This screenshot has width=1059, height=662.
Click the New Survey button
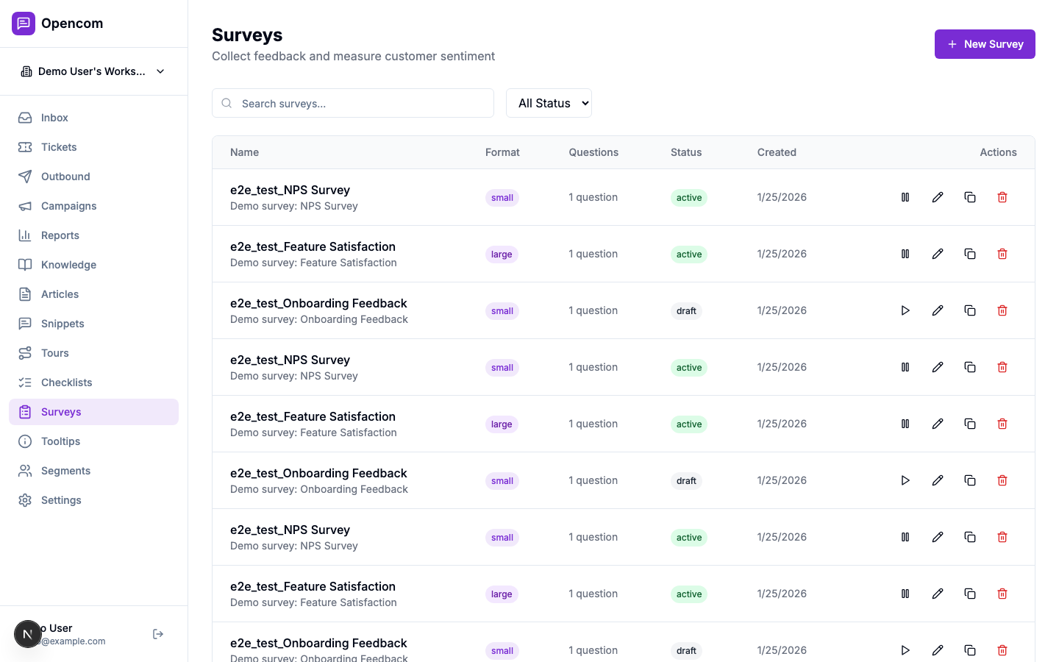pyautogui.click(x=984, y=44)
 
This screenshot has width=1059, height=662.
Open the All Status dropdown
pyautogui.click(x=549, y=104)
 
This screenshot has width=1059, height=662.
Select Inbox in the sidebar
pyautogui.click(x=54, y=118)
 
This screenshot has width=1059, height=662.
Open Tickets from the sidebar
pyautogui.click(x=59, y=147)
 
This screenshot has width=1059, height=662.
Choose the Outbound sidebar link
pyautogui.click(x=65, y=177)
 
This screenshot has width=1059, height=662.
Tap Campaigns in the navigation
pyautogui.click(x=68, y=206)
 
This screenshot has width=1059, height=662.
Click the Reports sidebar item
pyautogui.click(x=60, y=235)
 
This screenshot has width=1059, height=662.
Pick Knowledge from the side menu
pyautogui.click(x=68, y=265)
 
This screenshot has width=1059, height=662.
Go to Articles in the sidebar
pyautogui.click(x=60, y=294)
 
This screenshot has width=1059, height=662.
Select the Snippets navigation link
pyautogui.click(x=63, y=324)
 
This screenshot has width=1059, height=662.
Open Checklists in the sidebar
pyautogui.click(x=66, y=382)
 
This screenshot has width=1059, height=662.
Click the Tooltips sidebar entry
pyautogui.click(x=60, y=441)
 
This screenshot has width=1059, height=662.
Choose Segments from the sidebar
pyautogui.click(x=65, y=471)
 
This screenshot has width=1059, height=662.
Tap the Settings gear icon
pyautogui.click(x=25, y=500)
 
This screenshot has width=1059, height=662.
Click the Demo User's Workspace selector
pyautogui.click(x=93, y=71)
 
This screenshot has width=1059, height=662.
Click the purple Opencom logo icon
pyautogui.click(x=24, y=24)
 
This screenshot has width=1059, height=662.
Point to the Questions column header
pyautogui.click(x=593, y=152)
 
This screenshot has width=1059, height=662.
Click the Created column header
pyautogui.click(x=777, y=152)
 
